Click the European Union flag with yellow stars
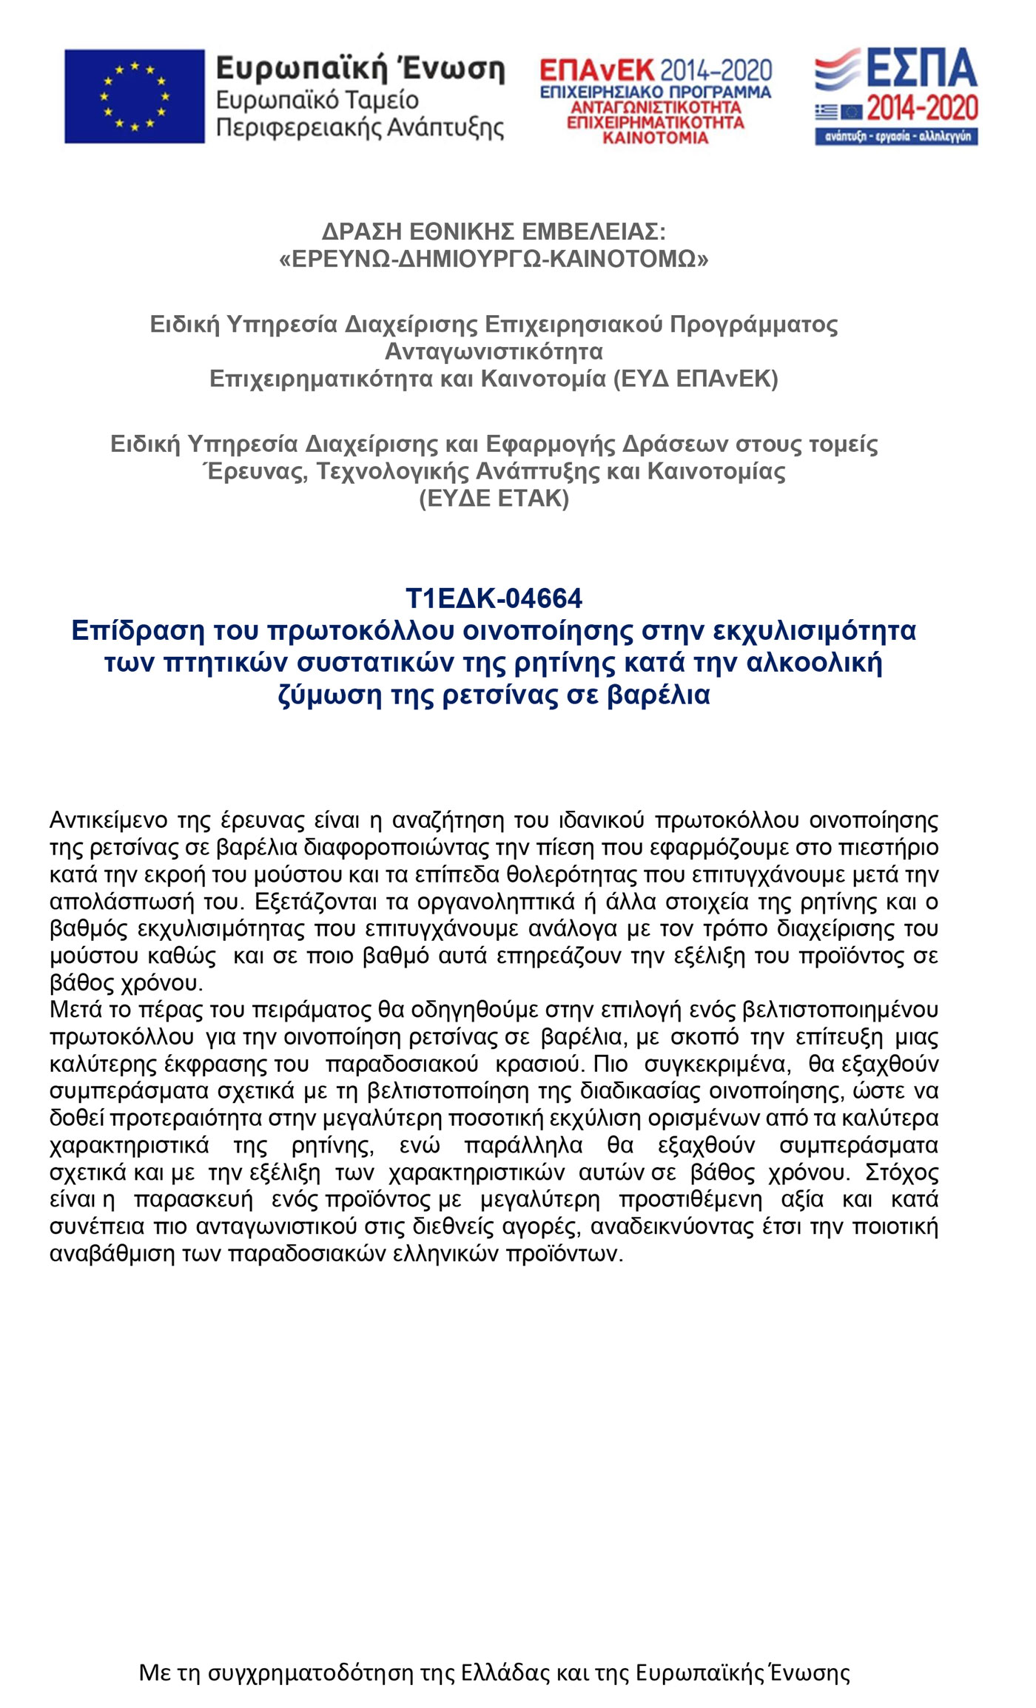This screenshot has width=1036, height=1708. tap(134, 96)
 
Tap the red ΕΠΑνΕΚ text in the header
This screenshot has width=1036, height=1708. tap(596, 70)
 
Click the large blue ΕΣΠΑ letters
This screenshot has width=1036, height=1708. tap(921, 69)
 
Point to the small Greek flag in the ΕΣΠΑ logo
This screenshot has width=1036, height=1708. tap(827, 112)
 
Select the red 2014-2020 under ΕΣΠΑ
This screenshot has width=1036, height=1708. tap(922, 109)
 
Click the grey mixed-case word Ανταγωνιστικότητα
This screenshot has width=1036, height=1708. tap(494, 351)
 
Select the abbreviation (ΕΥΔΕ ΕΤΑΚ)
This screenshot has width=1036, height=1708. tap(494, 499)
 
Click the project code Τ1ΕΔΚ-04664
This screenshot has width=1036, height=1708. tap(494, 598)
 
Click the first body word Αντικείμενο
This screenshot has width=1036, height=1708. tap(108, 820)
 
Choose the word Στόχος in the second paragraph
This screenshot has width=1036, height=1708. tap(901, 1172)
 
